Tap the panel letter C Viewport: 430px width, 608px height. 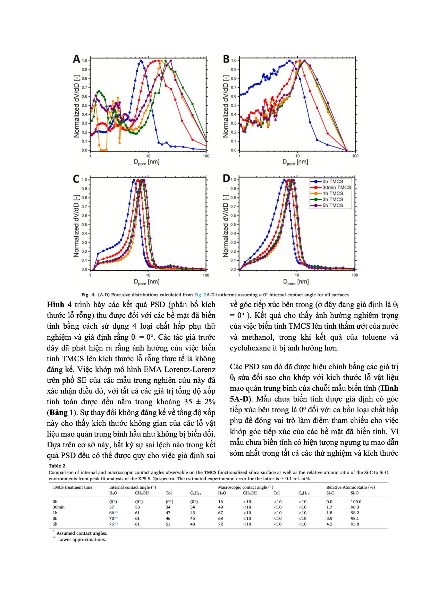(x=76, y=179)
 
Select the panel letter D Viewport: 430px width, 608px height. (x=226, y=179)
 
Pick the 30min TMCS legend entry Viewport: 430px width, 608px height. (x=333, y=187)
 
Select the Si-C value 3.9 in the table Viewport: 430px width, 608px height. (x=329, y=518)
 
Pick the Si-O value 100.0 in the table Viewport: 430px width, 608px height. (x=356, y=501)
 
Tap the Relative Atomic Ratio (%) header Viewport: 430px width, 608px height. (x=351, y=487)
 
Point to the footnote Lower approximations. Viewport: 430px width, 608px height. (x=82, y=540)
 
